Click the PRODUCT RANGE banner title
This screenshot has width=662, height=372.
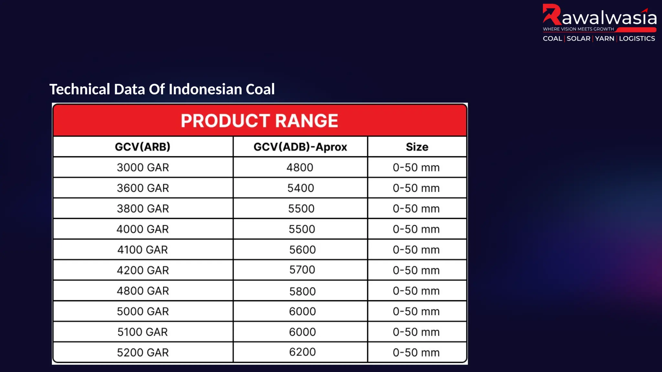(259, 121)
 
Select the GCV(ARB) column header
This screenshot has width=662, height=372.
(143, 147)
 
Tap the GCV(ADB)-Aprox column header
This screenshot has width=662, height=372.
(300, 147)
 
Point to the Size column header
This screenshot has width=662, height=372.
(417, 147)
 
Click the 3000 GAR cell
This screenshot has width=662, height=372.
(143, 168)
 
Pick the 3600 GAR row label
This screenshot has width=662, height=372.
(143, 188)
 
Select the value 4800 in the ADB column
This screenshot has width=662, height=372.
(300, 168)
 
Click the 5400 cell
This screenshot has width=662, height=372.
(301, 188)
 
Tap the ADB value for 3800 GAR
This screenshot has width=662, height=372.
(301, 209)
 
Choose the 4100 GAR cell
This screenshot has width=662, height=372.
(143, 250)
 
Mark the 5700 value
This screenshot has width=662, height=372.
(302, 270)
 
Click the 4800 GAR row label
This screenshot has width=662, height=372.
(143, 291)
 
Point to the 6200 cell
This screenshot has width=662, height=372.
(302, 352)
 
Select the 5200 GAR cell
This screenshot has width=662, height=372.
(143, 353)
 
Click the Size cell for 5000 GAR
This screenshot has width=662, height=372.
(416, 312)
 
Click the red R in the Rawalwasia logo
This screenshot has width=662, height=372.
(551, 15)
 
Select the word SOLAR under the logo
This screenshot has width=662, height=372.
(578, 39)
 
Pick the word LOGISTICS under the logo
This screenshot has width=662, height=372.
(637, 39)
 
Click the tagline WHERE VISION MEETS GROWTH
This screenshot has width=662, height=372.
(578, 29)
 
